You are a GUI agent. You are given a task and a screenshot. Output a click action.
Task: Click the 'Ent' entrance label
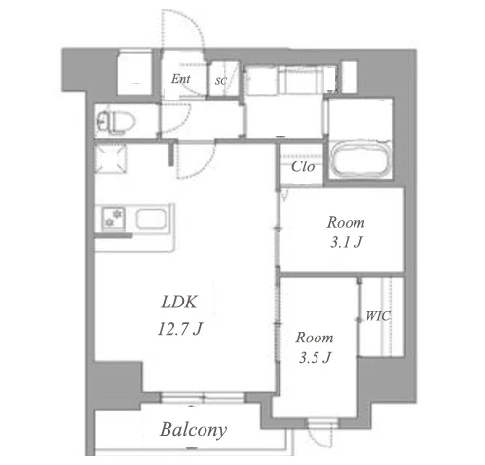[181, 79]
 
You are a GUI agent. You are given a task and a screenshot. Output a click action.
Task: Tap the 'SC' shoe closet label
[221, 81]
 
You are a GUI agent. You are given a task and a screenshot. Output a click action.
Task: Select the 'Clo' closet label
[303, 166]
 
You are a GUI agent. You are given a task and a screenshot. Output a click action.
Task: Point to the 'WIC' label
[378, 316]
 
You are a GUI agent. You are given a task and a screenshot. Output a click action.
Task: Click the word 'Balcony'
[193, 430]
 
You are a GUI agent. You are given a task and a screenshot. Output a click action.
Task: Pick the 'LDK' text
[179, 302]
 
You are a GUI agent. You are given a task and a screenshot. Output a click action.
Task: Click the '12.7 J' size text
[180, 328]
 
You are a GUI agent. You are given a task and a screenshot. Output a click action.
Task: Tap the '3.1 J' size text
[346, 242]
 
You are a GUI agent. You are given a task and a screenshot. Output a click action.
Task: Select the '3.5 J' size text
[315, 357]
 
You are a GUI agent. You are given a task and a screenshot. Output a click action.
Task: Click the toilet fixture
[116, 123]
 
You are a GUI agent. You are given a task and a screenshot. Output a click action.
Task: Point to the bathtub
[361, 160]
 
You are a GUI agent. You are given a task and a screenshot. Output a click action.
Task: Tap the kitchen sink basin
[151, 219]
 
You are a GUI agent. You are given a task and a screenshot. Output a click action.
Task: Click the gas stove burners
[113, 218]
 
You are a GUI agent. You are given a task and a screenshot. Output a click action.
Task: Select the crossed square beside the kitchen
[110, 159]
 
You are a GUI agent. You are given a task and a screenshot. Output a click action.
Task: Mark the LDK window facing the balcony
[203, 397]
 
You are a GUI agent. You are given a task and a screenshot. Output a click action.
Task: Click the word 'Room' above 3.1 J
[346, 223]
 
